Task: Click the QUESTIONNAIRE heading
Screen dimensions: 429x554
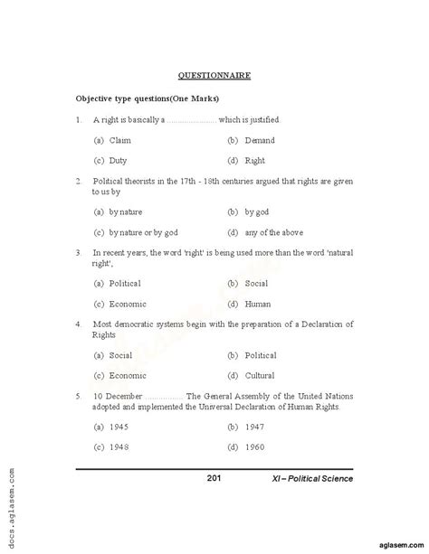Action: click(x=214, y=77)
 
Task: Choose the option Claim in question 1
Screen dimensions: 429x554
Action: click(x=119, y=141)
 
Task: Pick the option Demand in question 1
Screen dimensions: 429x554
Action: click(x=259, y=141)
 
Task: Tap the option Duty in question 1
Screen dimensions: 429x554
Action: click(x=119, y=161)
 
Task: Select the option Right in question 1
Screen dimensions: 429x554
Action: click(x=255, y=161)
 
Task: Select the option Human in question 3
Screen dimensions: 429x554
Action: click(x=257, y=304)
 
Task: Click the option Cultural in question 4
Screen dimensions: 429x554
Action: click(x=260, y=375)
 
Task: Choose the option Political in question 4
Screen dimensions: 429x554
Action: click(x=261, y=355)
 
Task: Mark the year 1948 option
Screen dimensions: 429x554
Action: click(x=120, y=447)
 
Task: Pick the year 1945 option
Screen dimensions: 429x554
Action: click(x=120, y=427)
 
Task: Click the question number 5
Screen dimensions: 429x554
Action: click(x=81, y=396)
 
